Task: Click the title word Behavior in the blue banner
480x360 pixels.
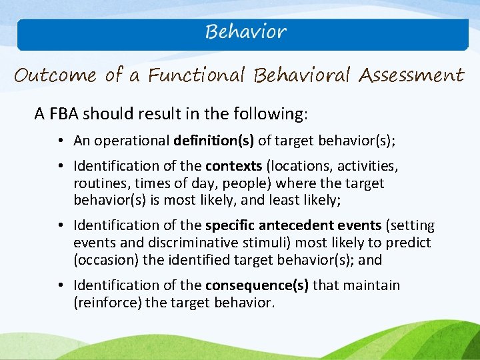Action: pyautogui.click(x=245, y=32)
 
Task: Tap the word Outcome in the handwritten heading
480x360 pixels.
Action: pyautogui.click(x=56, y=75)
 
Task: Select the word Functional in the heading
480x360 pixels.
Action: pyautogui.click(x=197, y=75)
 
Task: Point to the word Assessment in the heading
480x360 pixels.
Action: pyautogui.click(x=411, y=75)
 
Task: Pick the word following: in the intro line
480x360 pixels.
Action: pyautogui.click(x=275, y=114)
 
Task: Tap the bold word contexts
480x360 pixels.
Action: pyautogui.click(x=233, y=165)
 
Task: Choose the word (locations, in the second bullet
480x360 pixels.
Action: pyautogui.click(x=299, y=165)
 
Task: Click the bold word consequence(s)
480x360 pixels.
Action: pyautogui.click(x=257, y=285)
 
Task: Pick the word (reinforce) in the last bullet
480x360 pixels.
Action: pyautogui.click(x=105, y=303)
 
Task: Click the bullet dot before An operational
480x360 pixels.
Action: pyautogui.click(x=60, y=141)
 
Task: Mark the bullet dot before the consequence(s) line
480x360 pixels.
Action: pyautogui.click(x=60, y=286)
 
